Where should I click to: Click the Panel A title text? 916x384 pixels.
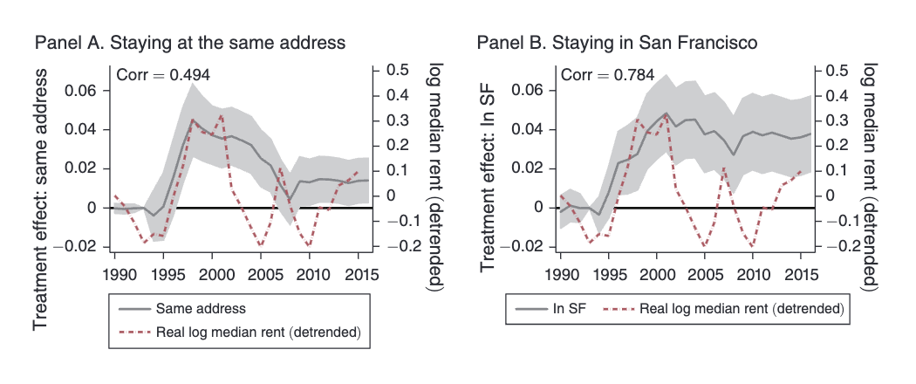coord(190,42)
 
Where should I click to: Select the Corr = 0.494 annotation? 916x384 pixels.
coord(164,75)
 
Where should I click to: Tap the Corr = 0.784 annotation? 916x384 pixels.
coord(608,75)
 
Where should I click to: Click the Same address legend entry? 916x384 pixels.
coord(200,308)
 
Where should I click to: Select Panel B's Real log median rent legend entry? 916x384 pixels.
coord(742,308)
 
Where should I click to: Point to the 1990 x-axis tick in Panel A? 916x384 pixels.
coord(115,275)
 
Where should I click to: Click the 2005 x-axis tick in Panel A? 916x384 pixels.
coord(261,275)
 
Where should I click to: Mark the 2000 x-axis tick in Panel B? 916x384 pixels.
coord(656,275)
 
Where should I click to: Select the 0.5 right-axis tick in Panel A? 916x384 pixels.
coord(398,71)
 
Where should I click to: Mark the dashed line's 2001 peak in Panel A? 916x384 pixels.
coord(221,114)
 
